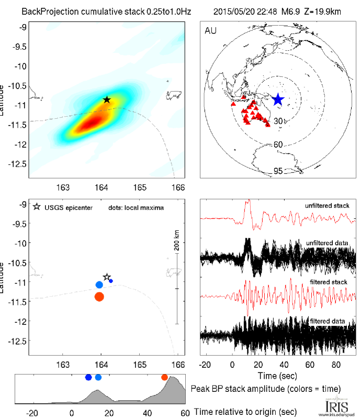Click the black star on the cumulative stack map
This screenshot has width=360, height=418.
(x=107, y=99)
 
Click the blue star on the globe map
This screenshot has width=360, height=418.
(x=278, y=99)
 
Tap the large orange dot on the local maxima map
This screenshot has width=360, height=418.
(x=99, y=297)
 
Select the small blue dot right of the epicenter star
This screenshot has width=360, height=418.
(x=111, y=281)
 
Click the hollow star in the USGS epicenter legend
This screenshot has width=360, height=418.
(x=36, y=207)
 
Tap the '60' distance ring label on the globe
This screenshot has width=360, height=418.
(x=279, y=144)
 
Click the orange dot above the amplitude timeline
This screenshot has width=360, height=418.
(x=165, y=377)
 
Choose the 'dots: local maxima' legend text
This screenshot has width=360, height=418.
(x=137, y=208)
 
